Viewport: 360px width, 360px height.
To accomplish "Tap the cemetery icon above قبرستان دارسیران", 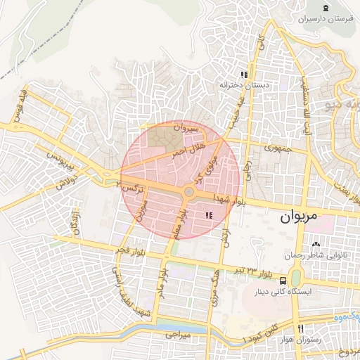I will (x=325, y=8).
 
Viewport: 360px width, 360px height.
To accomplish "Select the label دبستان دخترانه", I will (x=244, y=85).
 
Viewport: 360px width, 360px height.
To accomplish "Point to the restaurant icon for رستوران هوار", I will (x=301, y=329).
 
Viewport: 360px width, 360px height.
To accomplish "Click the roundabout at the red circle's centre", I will (x=188, y=191).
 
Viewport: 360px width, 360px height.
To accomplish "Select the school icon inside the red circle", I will (x=207, y=215).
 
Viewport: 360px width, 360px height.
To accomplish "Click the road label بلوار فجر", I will (x=131, y=251).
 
